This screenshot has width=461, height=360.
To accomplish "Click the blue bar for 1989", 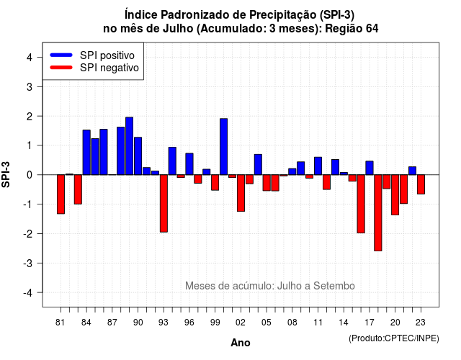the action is click(129, 146).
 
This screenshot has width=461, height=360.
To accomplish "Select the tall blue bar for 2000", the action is click(223, 147).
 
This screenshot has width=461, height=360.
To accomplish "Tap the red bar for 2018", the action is click(377, 213).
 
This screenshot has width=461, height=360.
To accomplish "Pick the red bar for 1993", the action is click(164, 203).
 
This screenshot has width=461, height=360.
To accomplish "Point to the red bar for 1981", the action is click(61, 194).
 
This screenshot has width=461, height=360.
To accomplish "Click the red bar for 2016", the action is click(361, 204).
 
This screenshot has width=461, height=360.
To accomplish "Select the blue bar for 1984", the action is click(86, 152).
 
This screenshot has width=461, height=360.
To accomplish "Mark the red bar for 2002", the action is click(241, 193).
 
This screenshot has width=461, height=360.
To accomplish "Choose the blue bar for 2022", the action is click(412, 171).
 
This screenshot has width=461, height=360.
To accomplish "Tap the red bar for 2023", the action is click(421, 184).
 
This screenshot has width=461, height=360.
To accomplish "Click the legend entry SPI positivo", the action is click(107, 55).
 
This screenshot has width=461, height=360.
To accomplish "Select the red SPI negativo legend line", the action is click(61, 68).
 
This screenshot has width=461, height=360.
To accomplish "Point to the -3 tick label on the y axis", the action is click(28, 264).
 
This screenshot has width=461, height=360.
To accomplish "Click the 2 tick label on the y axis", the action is click(30, 117).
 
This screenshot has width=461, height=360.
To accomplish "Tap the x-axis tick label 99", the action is click(215, 323).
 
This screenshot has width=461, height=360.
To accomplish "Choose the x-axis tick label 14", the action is click(343, 323).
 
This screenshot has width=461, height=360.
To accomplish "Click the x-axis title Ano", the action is click(240, 343).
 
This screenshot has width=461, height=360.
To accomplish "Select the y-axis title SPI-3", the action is click(6, 174).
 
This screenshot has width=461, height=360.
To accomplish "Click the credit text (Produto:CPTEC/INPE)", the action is click(394, 338).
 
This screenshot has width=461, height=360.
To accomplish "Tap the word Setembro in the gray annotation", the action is click(334, 286).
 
